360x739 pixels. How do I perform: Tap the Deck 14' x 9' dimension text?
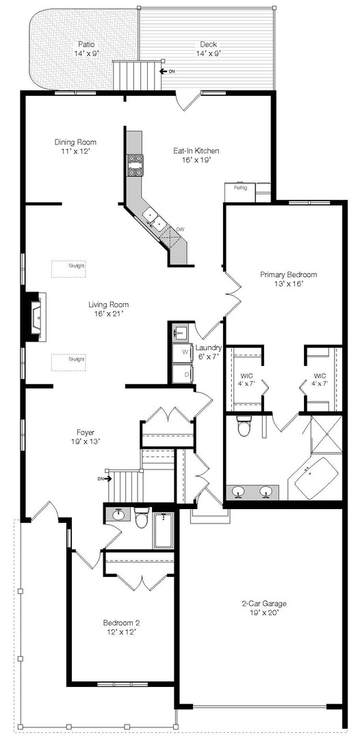coord(208,53)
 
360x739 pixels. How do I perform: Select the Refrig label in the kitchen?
coord(240,187)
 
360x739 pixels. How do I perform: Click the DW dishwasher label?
coord(180,229)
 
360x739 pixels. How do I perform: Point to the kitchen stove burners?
coord(135,164)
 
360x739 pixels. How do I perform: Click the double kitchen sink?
coord(155,219)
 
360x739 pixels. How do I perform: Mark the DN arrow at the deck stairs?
coord(167,72)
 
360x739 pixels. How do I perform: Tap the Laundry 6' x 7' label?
coord(208,352)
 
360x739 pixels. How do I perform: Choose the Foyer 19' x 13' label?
coord(86,437)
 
